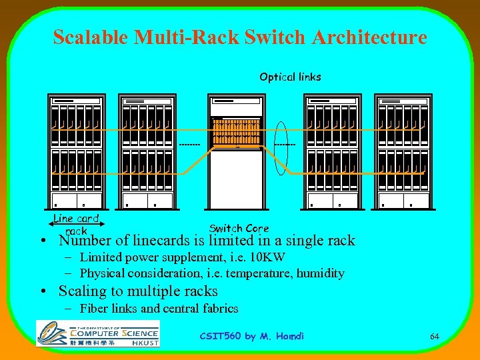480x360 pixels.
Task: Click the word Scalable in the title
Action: coord(91,37)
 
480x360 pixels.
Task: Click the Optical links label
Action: coord(290,77)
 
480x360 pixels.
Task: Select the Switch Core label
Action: coord(239,229)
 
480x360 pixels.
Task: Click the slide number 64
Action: coord(435,336)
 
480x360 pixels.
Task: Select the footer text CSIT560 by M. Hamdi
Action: coord(251,336)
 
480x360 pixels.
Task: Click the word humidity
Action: coord(321,273)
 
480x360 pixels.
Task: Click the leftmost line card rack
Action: coord(76,152)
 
